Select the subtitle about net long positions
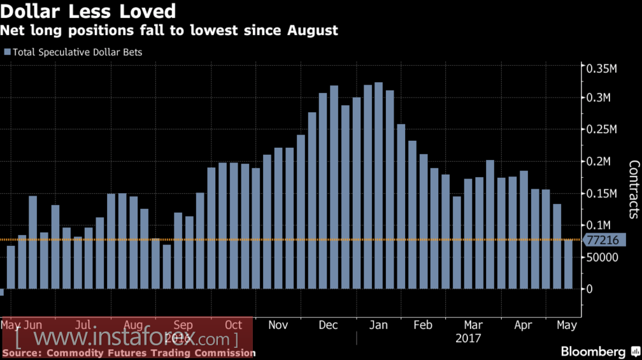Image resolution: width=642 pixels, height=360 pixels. tap(169, 30)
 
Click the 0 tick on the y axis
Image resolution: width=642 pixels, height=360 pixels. tap(590, 289)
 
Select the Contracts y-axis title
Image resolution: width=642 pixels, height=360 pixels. tap(634, 189)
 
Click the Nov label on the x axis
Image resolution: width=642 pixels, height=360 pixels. tap(278, 325)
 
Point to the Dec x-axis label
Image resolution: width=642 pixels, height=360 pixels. tap(328, 325)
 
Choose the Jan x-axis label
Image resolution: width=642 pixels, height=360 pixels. tap(378, 325)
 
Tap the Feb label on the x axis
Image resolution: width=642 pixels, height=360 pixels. tap(423, 325)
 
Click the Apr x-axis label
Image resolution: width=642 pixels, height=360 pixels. tap(523, 325)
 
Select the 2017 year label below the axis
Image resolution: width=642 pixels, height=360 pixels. tap(468, 338)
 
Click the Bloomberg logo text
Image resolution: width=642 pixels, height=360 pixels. tap(594, 352)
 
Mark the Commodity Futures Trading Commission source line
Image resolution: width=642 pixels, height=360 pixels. tap(129, 353)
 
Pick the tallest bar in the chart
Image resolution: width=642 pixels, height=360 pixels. tap(378, 185)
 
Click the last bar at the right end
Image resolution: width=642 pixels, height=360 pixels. tap(568, 264)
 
